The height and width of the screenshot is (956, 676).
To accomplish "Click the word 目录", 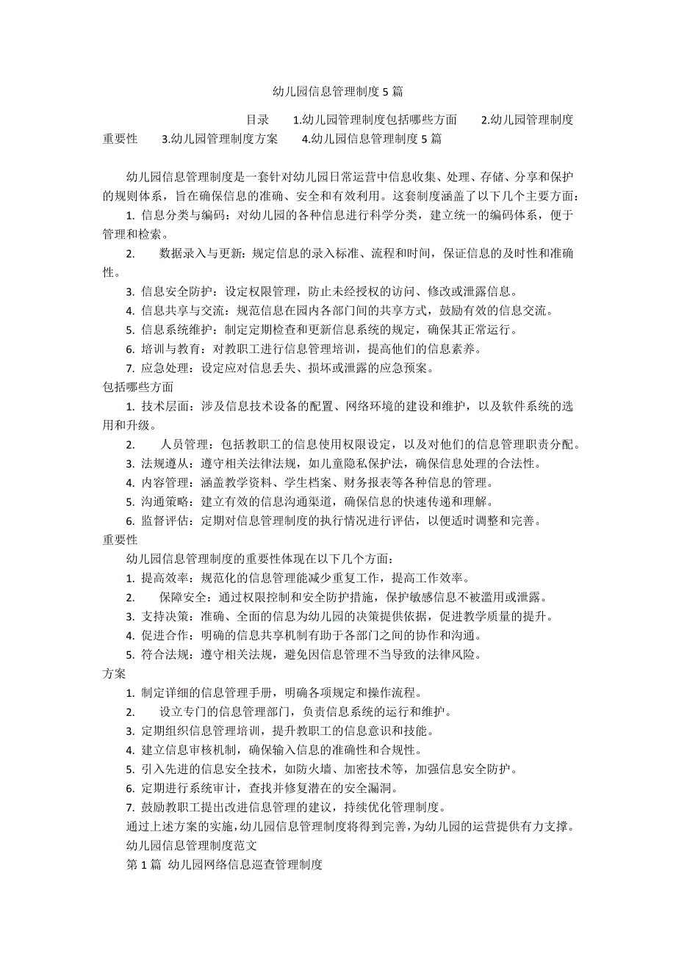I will pyautogui.click(x=256, y=119).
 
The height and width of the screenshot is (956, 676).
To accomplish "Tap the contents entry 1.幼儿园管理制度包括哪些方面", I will pyautogui.click(x=375, y=119).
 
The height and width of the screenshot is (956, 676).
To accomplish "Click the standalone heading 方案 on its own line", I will pyautogui.click(x=114, y=673).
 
